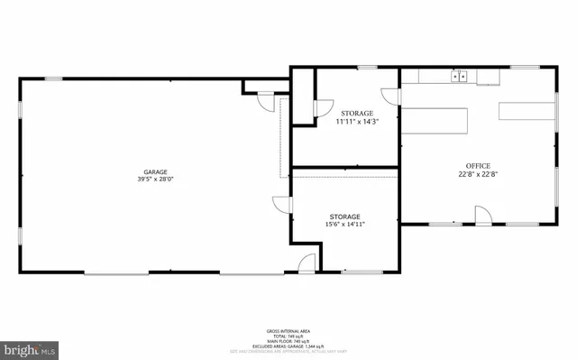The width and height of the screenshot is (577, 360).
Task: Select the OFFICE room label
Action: [478, 166]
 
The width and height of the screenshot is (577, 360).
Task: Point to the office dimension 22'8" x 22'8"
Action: [478, 174]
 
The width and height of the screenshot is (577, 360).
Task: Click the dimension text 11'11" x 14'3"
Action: [357, 121]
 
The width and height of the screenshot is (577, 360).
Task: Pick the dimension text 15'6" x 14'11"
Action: [344, 225]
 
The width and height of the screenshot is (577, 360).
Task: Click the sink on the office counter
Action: [460, 77]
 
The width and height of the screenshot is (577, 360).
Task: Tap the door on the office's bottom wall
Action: [482, 216]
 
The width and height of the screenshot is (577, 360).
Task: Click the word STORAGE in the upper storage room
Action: [357, 113]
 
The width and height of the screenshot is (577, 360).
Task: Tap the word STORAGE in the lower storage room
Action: [344, 217]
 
